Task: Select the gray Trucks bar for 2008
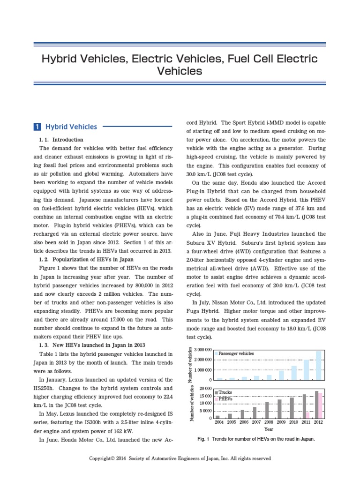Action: coord(267,410)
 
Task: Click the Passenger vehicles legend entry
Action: coord(236,353)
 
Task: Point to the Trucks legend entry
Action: coord(225,392)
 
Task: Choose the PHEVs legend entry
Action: coord(225,398)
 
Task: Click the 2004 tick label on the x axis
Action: coord(219,422)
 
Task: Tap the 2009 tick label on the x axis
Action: coord(281,422)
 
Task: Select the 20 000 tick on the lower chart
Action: coord(206,389)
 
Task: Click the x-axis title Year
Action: coord(269,429)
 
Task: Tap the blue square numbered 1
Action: coord(37,127)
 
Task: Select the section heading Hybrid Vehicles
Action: coord(71,127)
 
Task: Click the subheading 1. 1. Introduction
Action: coord(61,140)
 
